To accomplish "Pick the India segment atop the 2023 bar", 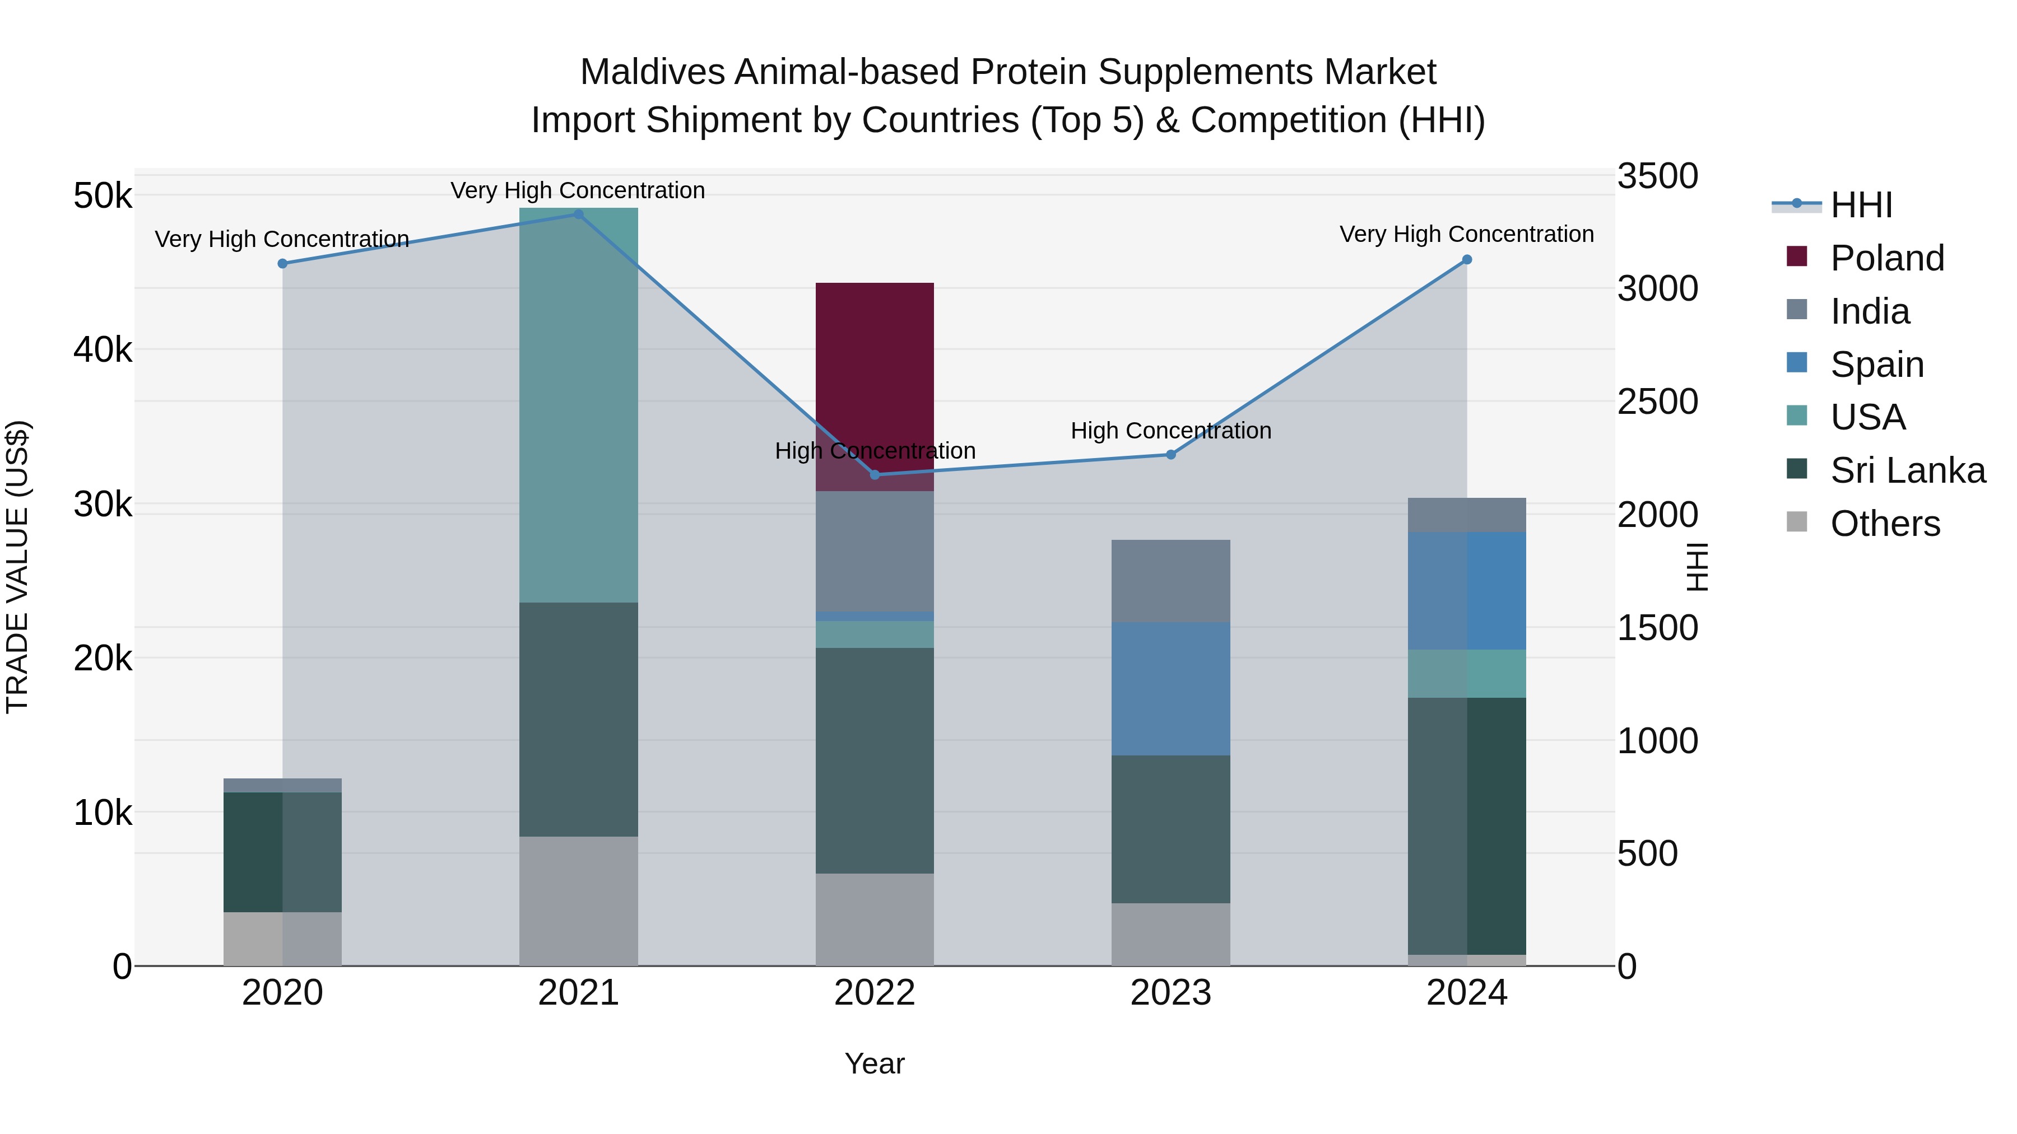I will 1170,581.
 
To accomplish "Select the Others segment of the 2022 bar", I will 875,919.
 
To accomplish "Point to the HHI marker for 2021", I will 579,214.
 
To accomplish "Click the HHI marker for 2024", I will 1467,260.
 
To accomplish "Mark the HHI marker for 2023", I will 1170,455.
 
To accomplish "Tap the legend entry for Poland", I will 1886,258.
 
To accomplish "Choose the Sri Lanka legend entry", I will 1907,470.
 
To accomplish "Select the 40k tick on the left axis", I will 103,350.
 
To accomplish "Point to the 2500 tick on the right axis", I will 1658,402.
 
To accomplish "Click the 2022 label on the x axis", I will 875,993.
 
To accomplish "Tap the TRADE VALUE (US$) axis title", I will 18,567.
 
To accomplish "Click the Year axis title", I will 875,1063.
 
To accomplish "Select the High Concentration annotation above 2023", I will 1170,431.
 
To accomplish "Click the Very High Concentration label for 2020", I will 282,239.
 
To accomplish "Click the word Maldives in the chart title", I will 652,72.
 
